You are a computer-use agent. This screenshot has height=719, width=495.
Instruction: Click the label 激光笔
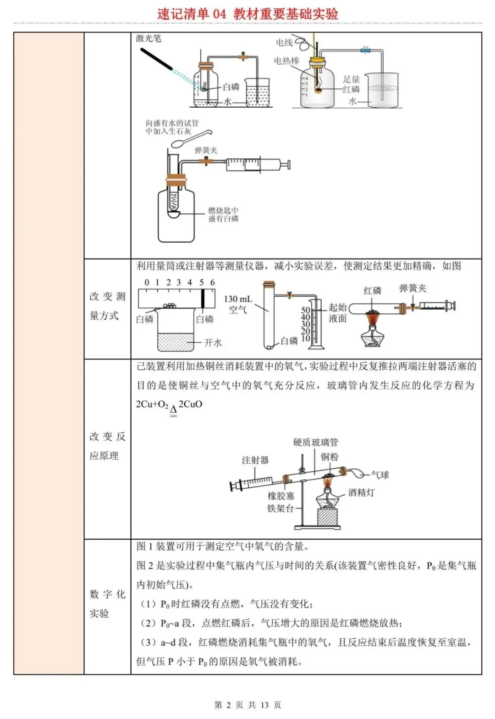pyautogui.click(x=148, y=39)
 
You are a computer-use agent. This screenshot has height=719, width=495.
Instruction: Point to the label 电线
pyautogui.click(x=284, y=43)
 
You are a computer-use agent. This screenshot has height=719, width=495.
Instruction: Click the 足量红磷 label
pyautogui.click(x=352, y=84)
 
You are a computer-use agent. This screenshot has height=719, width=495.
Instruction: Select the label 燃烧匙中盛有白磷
pyautogui.click(x=223, y=215)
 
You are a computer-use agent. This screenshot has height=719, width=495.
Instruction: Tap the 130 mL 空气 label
pyautogui.click(x=238, y=304)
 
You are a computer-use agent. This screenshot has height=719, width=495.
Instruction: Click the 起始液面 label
pyautogui.click(x=337, y=313)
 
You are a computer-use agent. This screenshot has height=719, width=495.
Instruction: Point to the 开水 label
pyautogui.click(x=213, y=343)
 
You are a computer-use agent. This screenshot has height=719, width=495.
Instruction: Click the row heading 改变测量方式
pyautogui.click(x=107, y=306)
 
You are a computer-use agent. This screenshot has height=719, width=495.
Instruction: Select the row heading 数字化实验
pyautogui.click(x=107, y=604)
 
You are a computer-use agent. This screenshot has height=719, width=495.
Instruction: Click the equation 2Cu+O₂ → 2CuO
pyautogui.click(x=169, y=405)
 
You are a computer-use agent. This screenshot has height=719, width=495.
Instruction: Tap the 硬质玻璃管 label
pyautogui.click(x=315, y=442)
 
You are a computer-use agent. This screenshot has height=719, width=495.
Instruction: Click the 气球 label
pyautogui.click(x=380, y=475)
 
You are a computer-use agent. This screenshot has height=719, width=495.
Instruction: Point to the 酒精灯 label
pyautogui.click(x=361, y=492)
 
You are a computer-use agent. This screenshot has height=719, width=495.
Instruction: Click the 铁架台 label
pyautogui.click(x=280, y=508)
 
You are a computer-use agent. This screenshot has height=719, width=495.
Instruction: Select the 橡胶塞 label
pyautogui.click(x=281, y=496)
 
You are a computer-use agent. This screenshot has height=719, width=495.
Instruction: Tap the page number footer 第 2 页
pyautogui.click(x=247, y=705)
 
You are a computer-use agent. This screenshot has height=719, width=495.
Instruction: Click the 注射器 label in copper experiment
pyautogui.click(x=255, y=460)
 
